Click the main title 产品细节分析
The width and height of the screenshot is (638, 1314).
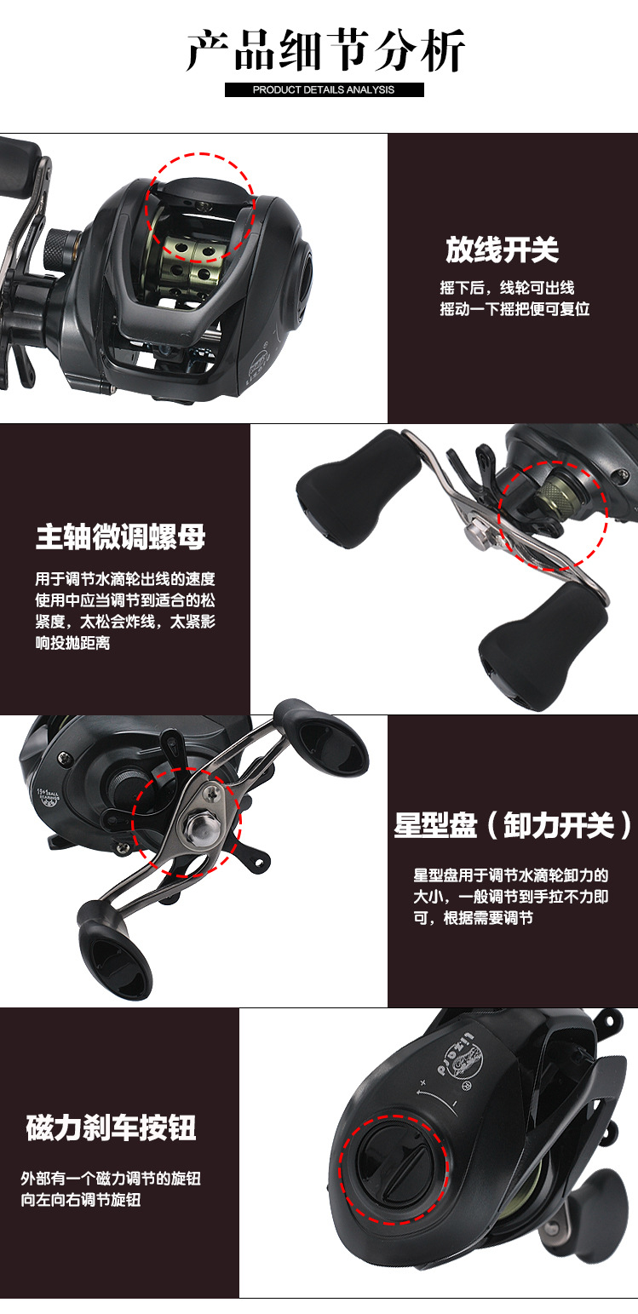click(325, 51)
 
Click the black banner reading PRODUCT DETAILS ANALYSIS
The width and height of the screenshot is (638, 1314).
click(324, 89)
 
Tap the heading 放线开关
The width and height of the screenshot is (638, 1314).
click(502, 250)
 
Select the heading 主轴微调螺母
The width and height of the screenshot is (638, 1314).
click(121, 537)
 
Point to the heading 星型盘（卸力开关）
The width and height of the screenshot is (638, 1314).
click(513, 825)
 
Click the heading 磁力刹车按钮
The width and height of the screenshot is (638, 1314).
click(112, 1128)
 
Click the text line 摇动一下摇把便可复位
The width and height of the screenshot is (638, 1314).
click(514, 308)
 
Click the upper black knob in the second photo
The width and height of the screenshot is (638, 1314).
click(358, 490)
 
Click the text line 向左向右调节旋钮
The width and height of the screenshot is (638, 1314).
click(81, 1200)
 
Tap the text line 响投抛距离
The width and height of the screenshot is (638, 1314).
click(72, 643)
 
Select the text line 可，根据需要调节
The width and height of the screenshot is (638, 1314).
click(473, 917)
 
